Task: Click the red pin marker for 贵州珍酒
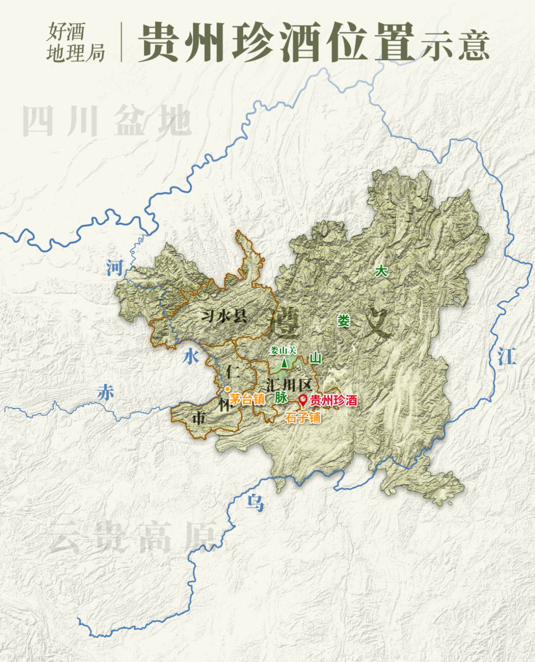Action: coord(303,400)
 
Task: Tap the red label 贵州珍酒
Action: coord(333,400)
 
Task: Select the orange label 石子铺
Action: coord(303,417)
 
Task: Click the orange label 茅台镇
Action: coord(247,399)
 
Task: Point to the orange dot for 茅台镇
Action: coord(227,389)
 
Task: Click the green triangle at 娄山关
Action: coord(284,363)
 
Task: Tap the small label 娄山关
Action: coord(283,351)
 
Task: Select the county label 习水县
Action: coord(224,315)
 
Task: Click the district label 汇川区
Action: coord(289,385)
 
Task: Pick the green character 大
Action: coord(380,271)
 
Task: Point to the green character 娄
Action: coord(343,321)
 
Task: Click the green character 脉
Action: coord(281,397)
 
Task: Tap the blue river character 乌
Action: coord(255,503)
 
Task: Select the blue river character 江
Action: coord(506,356)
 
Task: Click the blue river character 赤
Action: coord(106,392)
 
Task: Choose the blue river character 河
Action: coord(114,268)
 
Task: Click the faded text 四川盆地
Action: coord(107,121)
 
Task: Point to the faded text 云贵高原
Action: coord(134,537)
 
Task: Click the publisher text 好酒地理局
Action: coord(75,42)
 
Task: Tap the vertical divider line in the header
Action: coord(121,42)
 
